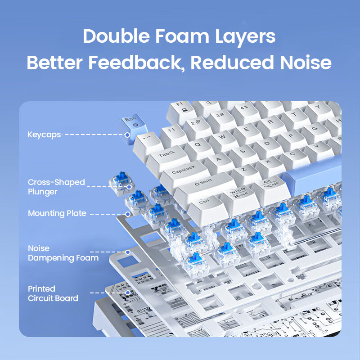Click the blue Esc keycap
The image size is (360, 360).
(134, 129)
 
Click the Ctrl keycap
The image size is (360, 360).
(207, 207)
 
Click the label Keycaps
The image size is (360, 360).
(44, 135)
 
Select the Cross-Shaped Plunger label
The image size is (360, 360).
(56, 187)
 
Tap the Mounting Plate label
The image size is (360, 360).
(57, 213)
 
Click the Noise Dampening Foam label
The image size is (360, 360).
(63, 253)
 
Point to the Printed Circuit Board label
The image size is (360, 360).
(53, 293)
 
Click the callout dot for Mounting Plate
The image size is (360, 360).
(128, 214)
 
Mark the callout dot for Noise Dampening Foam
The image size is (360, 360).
(128, 252)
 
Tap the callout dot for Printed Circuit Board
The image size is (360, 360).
(128, 293)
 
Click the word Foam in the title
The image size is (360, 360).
(182, 36)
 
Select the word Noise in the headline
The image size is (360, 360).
(306, 62)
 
